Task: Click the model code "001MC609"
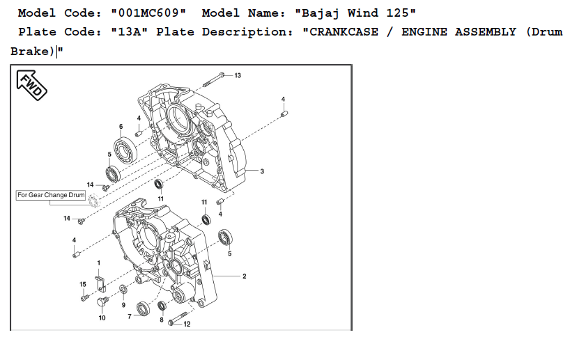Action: [x=148, y=13]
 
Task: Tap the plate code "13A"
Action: [x=129, y=32]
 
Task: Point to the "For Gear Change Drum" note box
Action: [x=51, y=195]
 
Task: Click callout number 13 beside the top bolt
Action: [x=238, y=75]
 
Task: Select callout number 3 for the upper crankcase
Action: [x=262, y=171]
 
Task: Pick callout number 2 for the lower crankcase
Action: [x=245, y=276]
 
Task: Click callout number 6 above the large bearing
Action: [x=121, y=127]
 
